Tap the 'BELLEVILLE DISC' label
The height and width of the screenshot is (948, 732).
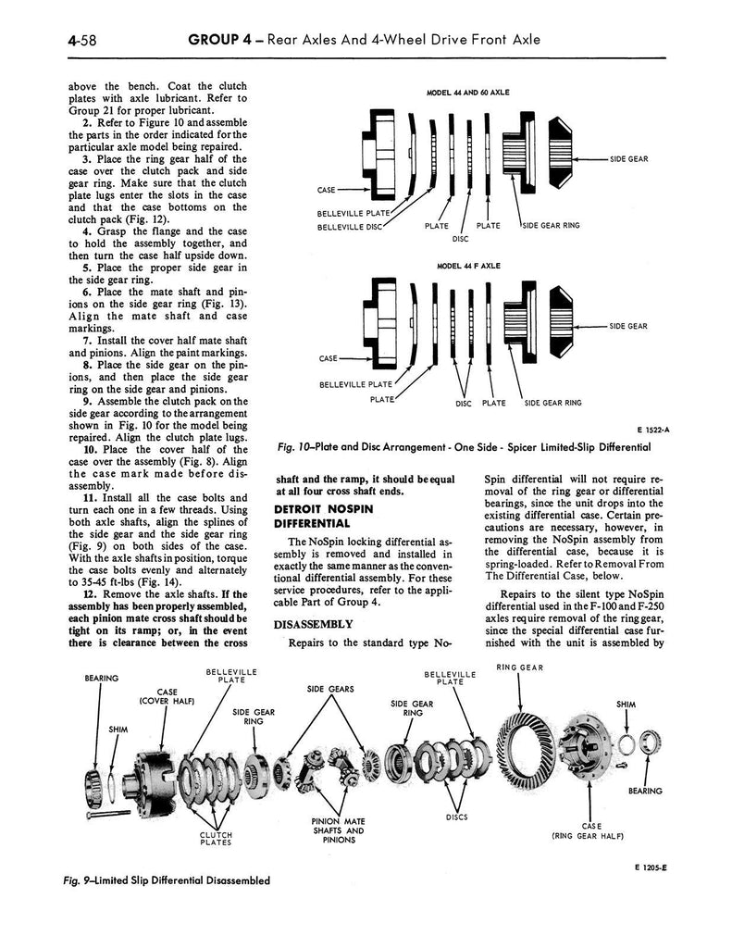(350, 226)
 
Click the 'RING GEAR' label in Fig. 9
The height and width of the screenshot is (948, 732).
(519, 667)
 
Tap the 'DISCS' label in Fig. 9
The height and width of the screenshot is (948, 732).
(458, 817)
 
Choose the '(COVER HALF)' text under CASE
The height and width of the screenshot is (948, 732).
(167, 701)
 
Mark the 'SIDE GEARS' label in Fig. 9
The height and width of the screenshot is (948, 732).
(329, 688)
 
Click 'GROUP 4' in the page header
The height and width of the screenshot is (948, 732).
(219, 39)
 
